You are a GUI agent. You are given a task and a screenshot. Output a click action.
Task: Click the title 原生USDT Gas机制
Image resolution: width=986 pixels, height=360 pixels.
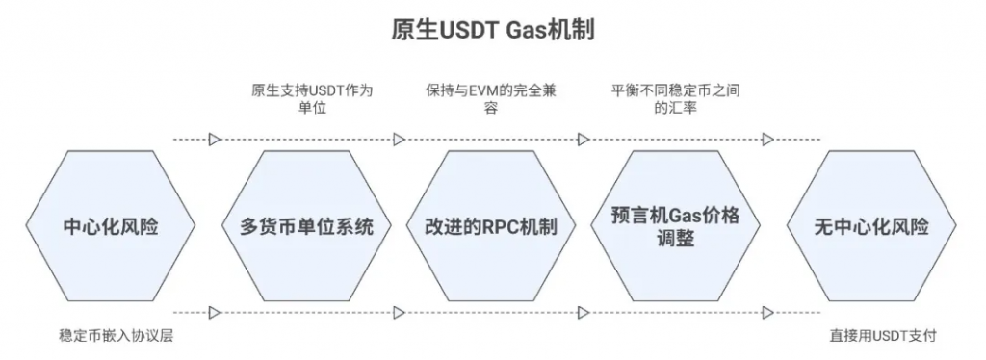click(492, 30)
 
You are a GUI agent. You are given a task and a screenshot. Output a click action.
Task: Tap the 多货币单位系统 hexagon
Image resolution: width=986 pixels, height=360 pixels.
click(306, 227)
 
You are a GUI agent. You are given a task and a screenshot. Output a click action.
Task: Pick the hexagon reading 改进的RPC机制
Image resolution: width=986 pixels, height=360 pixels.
click(491, 227)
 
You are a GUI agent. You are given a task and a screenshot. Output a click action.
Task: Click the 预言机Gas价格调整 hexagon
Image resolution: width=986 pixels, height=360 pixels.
click(676, 227)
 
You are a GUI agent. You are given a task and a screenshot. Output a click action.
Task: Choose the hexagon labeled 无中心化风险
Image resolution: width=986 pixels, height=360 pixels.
click(871, 227)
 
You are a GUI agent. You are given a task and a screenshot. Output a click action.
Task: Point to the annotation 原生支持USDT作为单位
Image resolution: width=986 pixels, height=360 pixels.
click(306, 99)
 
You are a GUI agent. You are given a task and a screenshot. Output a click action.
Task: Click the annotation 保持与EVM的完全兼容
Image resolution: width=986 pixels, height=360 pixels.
click(491, 99)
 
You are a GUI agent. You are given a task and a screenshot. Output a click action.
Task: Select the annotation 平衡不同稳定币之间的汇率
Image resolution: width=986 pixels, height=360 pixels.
click(676, 99)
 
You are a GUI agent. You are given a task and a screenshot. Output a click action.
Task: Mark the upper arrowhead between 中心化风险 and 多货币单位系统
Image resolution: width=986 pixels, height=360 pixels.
click(215, 140)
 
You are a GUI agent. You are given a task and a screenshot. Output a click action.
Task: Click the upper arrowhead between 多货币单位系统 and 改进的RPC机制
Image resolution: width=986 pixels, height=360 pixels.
click(399, 140)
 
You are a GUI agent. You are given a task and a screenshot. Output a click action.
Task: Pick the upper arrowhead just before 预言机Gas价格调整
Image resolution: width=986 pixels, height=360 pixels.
click(584, 140)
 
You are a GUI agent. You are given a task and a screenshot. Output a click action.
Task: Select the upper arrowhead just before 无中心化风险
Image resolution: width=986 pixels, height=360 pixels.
click(767, 140)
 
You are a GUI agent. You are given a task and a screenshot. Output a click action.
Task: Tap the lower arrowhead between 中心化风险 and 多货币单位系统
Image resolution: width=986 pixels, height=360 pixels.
click(215, 313)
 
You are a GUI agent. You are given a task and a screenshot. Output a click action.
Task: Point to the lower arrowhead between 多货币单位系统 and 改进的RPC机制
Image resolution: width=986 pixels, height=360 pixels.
click(399, 313)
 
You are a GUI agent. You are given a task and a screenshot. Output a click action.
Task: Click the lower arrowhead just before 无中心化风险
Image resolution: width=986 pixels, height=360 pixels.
click(767, 313)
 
